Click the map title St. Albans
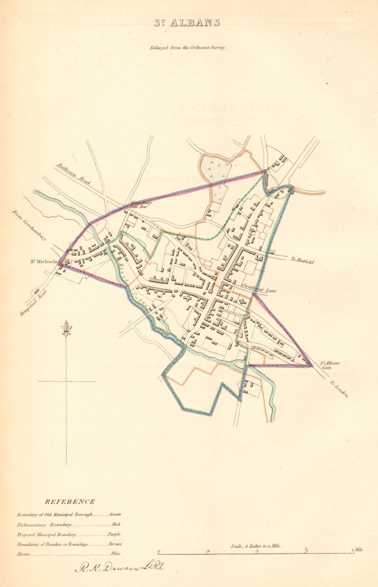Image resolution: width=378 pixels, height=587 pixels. pos(186,23)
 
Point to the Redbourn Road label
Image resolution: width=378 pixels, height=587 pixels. pos(73,174)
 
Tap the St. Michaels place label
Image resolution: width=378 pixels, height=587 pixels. pos(44,262)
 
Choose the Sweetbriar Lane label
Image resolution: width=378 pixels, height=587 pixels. pos(259,288)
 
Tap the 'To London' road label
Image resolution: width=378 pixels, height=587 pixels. pos(338,389)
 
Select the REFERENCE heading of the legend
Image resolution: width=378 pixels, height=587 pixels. pos(69,502)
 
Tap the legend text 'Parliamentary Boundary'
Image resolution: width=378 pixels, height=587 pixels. pos(44,525)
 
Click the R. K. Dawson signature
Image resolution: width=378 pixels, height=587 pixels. pos(119,568)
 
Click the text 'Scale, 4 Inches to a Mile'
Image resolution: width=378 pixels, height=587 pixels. pos(256,546)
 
